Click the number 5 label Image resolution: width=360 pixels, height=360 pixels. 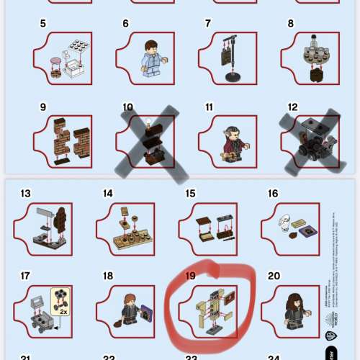pyautogui.click(x=42, y=24)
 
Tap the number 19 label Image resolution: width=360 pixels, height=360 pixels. pyautogui.click(x=190, y=275)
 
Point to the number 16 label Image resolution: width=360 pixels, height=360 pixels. pyautogui.click(x=273, y=193)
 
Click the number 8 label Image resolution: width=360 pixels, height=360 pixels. pyautogui.click(x=291, y=24)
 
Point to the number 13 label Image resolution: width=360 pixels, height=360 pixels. pyautogui.click(x=26, y=193)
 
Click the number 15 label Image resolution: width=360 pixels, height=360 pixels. pyautogui.click(x=190, y=193)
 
